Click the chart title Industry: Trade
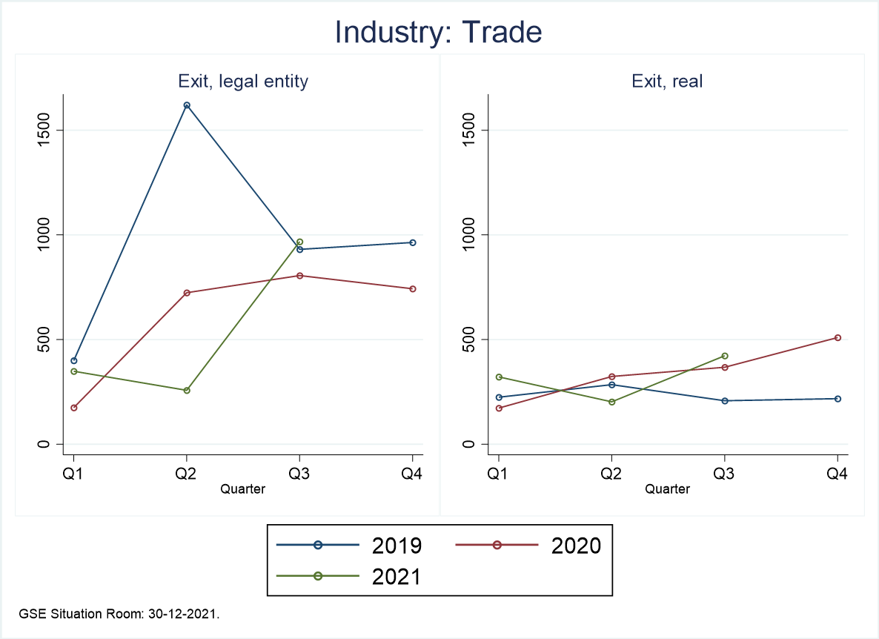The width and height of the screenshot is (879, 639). (439, 33)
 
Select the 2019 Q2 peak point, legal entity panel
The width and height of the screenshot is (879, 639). (187, 105)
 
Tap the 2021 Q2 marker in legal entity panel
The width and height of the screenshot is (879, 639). (187, 390)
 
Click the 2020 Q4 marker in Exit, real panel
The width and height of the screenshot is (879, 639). (837, 337)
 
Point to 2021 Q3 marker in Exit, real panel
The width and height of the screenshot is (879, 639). (724, 356)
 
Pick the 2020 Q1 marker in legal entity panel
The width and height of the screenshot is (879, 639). (74, 408)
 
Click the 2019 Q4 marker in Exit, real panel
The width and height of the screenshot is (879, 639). (837, 399)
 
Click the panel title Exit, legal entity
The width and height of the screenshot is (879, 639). (242, 82)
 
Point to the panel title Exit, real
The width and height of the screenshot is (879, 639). (667, 82)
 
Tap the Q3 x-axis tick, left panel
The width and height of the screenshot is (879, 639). (299, 474)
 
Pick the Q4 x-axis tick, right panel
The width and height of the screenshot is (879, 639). (837, 474)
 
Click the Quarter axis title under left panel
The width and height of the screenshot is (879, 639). (242, 489)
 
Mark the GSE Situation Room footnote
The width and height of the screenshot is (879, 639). (122, 615)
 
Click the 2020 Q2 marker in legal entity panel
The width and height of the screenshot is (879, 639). (187, 293)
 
